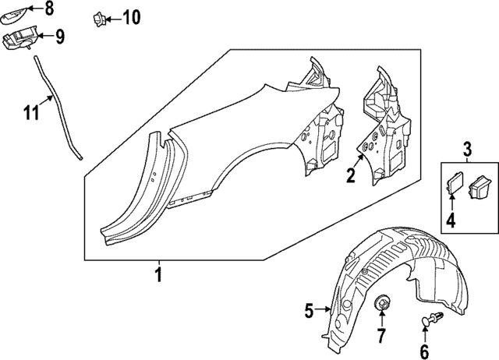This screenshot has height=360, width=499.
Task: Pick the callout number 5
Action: [x=309, y=311]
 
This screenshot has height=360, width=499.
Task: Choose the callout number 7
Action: [x=381, y=337]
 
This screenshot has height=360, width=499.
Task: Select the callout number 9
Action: [x=59, y=35]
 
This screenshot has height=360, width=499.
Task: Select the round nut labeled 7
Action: [x=382, y=303]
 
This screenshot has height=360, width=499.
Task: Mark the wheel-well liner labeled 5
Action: [x=390, y=269]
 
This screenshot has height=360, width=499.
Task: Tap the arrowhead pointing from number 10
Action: [x=109, y=16]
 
